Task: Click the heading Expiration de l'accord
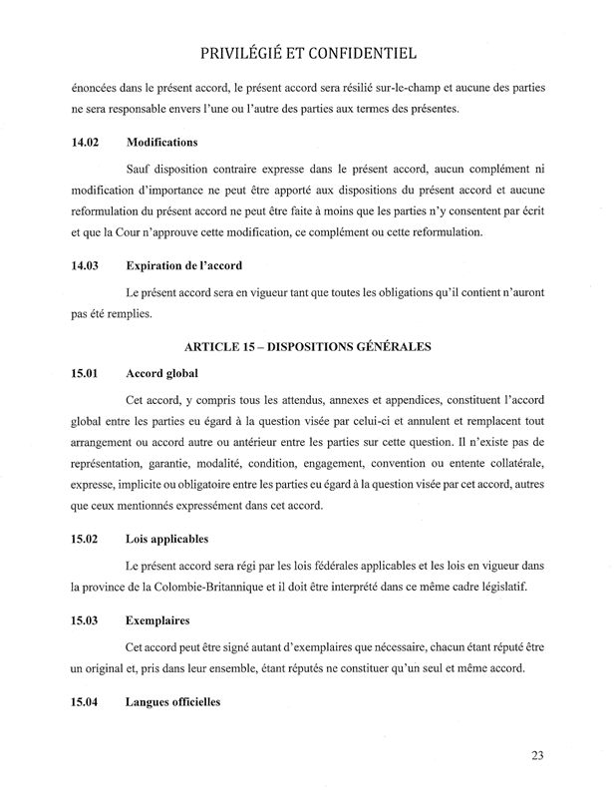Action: pyautogui.click(x=186, y=266)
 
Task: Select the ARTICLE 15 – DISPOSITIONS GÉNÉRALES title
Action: pyautogui.click(x=307, y=347)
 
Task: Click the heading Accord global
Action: pyautogui.click(x=163, y=374)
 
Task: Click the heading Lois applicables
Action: pyautogui.click(x=167, y=540)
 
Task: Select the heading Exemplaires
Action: pyautogui.click(x=158, y=619)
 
